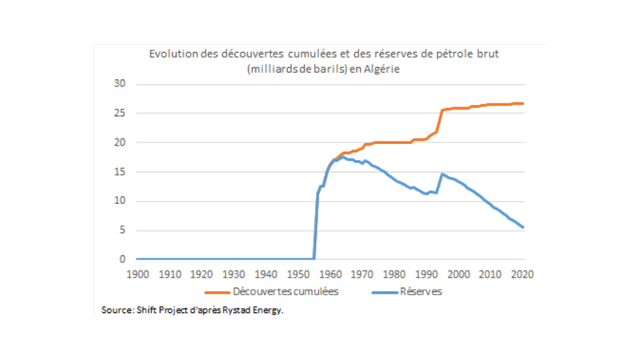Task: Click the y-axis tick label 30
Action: pyautogui.click(x=121, y=84)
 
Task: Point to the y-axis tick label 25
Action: pyautogui.click(x=121, y=114)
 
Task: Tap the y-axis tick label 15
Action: pyautogui.click(x=121, y=172)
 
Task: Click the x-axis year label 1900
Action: pyautogui.click(x=137, y=274)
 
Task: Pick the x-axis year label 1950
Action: pyautogui.click(x=298, y=274)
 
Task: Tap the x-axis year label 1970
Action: pyautogui.click(x=362, y=274)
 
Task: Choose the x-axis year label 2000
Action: pyautogui.click(x=459, y=274)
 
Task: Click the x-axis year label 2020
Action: pyautogui.click(x=522, y=274)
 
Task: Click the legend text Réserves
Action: pyautogui.click(x=421, y=292)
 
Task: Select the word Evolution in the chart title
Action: pyautogui.click(x=170, y=54)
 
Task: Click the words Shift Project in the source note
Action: pyautogui.click(x=158, y=310)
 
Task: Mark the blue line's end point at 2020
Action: pyautogui.click(x=523, y=227)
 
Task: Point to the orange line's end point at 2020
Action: pyautogui.click(x=523, y=103)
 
